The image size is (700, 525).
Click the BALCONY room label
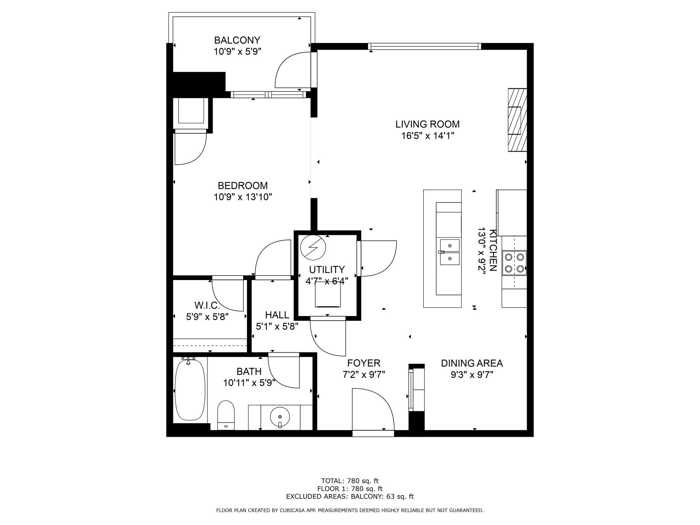click(237, 40)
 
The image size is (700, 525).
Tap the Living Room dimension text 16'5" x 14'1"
click(428, 136)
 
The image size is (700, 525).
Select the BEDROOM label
click(243, 185)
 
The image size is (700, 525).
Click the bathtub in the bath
click(190, 390)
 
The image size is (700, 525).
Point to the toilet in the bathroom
click(226, 415)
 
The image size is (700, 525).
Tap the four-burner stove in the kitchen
click(514, 263)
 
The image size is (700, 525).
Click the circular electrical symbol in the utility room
click(313, 247)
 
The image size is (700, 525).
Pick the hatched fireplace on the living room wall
click(517, 120)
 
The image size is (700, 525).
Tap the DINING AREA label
click(472, 363)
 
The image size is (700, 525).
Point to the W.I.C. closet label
click(207, 306)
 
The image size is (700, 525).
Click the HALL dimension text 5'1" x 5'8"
click(277, 326)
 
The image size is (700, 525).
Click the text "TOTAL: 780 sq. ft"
click(350, 481)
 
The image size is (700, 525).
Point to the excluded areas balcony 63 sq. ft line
click(350, 496)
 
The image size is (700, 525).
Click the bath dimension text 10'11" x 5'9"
click(249, 383)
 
